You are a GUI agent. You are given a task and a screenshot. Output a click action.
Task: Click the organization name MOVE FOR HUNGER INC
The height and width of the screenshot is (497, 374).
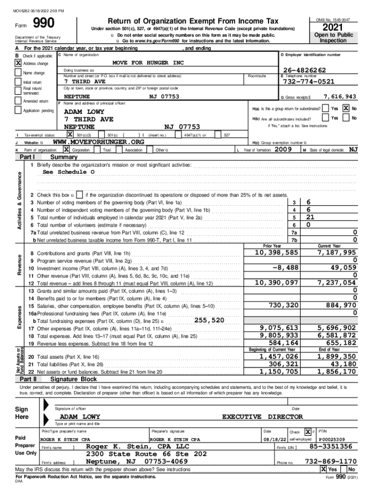pyautogui.click(x=148, y=63)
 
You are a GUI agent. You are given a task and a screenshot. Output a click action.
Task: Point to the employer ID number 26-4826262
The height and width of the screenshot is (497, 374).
pyautogui.click(x=304, y=71)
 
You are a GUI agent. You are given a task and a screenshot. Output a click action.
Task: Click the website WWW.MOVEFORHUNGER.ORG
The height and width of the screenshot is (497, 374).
pyautogui.click(x=98, y=142)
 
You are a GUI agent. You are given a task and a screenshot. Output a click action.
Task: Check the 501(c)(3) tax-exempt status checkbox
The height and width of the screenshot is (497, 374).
pyautogui.click(x=70, y=134)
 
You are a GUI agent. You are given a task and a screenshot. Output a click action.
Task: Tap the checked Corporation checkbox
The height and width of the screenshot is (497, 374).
pyautogui.click(x=66, y=150)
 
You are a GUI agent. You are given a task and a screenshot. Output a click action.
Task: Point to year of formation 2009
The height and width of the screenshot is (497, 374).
pyautogui.click(x=283, y=150)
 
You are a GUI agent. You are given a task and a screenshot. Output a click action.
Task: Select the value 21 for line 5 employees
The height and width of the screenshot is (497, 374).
pyautogui.click(x=310, y=217)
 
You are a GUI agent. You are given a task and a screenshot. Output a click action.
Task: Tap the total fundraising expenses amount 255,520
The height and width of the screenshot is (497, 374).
pyautogui.click(x=209, y=320)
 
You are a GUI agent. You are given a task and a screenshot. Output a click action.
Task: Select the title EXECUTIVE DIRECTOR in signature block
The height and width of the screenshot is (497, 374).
pyautogui.click(x=262, y=416)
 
